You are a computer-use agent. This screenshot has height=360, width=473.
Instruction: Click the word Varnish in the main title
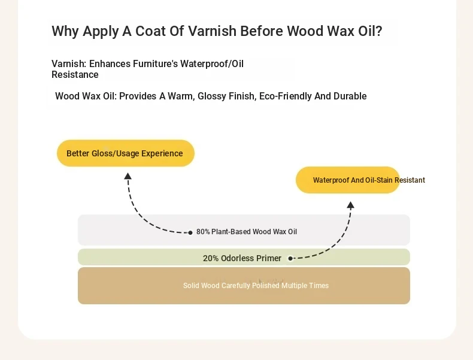coord(212,31)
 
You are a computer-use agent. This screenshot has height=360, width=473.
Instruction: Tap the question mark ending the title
coord(379,31)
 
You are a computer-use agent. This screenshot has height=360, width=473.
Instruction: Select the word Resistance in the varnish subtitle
coord(75,74)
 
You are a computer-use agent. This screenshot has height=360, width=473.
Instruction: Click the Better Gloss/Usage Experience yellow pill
coord(126,153)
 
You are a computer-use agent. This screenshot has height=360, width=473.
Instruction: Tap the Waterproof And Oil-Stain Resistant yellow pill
coord(348,180)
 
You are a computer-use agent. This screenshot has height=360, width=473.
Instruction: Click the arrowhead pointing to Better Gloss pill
coord(128,176)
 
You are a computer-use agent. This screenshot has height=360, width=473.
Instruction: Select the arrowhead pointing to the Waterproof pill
coord(350,205)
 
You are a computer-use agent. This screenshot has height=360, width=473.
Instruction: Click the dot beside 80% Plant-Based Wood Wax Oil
coord(190,232)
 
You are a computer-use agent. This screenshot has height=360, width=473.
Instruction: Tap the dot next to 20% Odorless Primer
coord(290,258)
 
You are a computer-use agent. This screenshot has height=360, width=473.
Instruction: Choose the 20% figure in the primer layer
coord(211,258)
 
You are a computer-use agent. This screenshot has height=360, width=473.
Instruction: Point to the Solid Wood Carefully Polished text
coord(256,286)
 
